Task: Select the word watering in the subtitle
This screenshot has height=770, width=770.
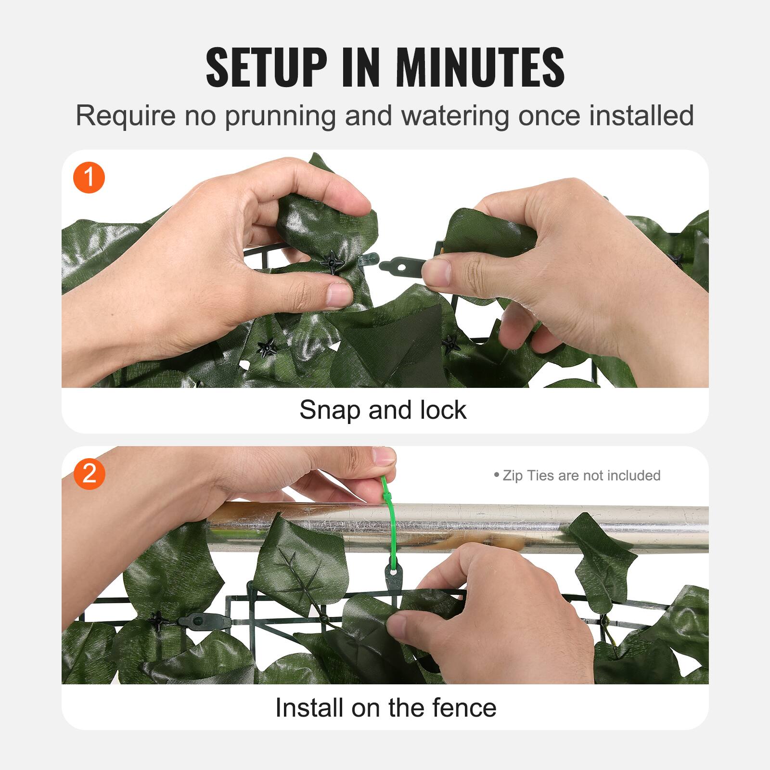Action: point(455,116)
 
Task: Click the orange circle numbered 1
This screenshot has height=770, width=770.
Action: point(89,178)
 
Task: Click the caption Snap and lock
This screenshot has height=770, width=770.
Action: point(383,410)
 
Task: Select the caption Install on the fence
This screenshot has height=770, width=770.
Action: point(385,707)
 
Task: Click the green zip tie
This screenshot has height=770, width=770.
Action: point(389,520)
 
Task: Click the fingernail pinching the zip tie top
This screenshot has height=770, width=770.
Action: point(384,455)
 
